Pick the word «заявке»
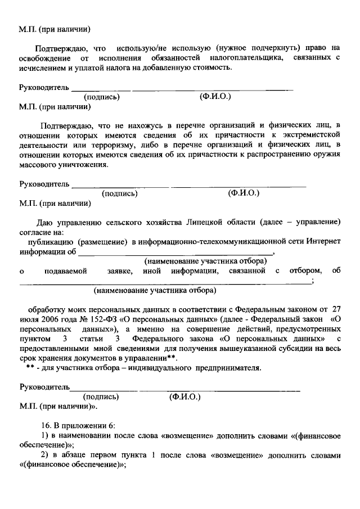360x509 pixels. point(119,272)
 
